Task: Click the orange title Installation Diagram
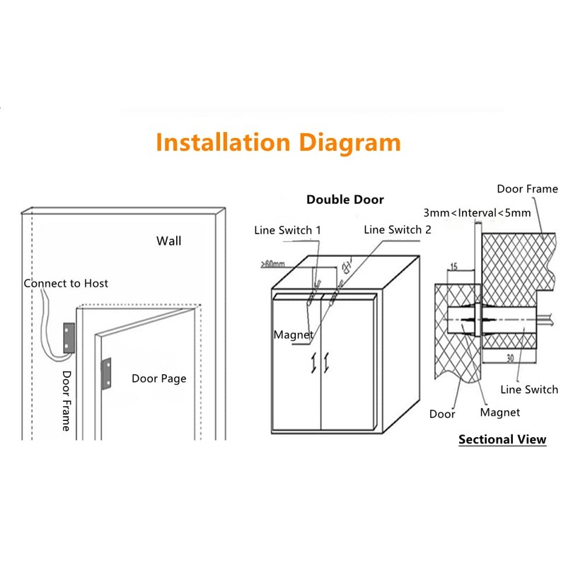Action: (x=278, y=142)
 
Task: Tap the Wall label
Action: (x=168, y=241)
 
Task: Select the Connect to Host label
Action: (x=66, y=283)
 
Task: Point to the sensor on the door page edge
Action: (x=107, y=373)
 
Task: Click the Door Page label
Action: (x=158, y=379)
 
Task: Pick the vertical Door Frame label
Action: (x=67, y=400)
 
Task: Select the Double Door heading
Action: (x=345, y=200)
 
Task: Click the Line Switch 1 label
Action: (x=288, y=230)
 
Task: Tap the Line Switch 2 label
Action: (x=397, y=229)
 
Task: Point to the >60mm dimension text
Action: (x=272, y=264)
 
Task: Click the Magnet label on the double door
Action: (x=293, y=335)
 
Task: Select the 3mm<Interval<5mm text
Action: (x=476, y=212)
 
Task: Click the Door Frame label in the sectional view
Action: (x=527, y=189)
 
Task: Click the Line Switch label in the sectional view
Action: (x=529, y=389)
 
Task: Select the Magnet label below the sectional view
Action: (x=499, y=412)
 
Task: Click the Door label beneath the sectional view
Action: (x=442, y=414)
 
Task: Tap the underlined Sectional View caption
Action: (x=502, y=439)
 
